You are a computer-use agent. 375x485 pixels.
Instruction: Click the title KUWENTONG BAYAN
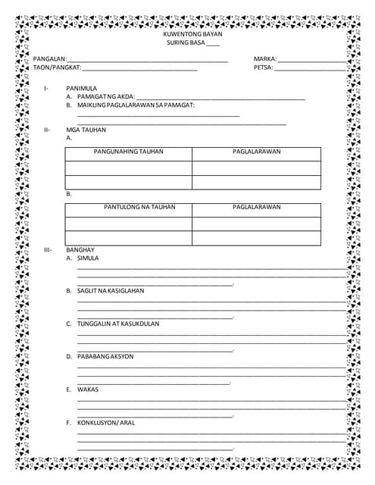187,35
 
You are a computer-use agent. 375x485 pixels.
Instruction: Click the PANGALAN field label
50,59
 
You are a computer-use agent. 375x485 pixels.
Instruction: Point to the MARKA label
265,59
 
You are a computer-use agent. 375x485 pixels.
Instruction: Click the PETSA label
263,67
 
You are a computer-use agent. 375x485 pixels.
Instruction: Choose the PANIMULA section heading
81,89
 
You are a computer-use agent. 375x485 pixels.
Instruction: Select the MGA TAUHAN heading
86,130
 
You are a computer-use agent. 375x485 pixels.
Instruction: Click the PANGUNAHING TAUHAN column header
128,152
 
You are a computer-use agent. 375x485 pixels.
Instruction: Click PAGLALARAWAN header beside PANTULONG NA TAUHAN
256,206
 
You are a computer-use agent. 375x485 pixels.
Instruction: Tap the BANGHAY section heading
80,249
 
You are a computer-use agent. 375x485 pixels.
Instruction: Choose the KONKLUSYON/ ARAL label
106,423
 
